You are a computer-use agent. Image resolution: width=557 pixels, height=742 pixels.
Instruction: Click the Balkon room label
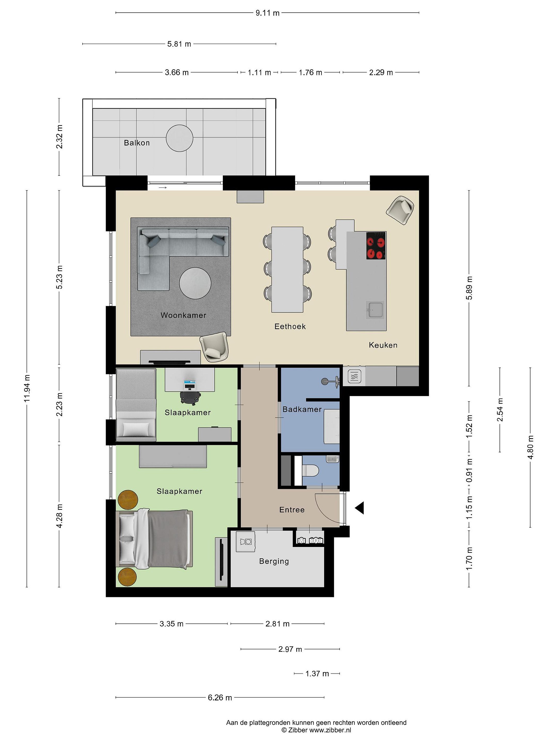[x=137, y=143]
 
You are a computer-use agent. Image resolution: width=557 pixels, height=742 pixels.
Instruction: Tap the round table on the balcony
[x=180, y=138]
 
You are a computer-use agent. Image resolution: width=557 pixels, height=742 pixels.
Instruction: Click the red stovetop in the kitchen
[x=376, y=245]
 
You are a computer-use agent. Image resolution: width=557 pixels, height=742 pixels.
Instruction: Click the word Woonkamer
[x=183, y=315]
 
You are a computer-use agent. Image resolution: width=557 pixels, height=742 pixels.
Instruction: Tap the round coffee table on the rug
[x=195, y=283]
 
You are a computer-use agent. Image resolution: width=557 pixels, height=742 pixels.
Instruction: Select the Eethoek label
[x=290, y=326]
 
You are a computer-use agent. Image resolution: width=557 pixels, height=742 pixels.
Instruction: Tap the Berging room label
[x=274, y=561]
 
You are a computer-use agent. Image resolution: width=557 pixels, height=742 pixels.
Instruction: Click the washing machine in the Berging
[x=245, y=541]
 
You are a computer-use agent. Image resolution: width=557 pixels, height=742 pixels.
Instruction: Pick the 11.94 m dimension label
[x=27, y=389]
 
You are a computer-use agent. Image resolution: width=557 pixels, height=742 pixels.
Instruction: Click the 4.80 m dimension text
[x=530, y=448]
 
